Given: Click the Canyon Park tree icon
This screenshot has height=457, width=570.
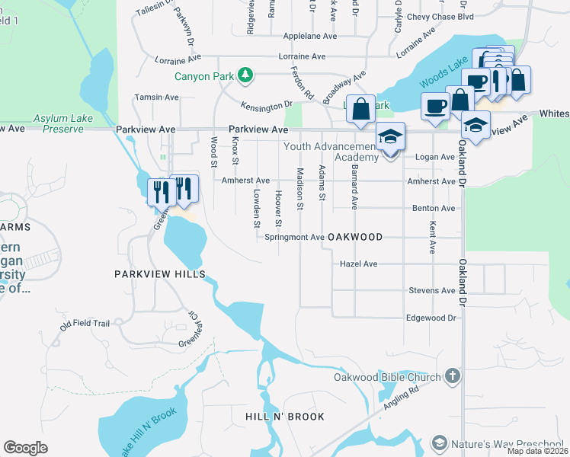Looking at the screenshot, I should (245, 75).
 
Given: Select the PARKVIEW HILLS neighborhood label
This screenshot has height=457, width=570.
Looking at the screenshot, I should (159, 273).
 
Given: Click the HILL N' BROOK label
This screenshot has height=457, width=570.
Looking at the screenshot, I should (285, 417).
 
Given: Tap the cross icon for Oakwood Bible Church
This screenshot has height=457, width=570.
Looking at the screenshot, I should (453, 376).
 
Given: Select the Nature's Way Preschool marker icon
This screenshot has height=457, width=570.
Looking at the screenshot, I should (439, 443).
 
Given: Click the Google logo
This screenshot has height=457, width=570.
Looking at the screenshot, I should (25, 447).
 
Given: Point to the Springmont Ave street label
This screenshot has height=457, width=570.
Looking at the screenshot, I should (294, 237).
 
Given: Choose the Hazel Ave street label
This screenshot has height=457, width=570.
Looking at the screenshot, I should (358, 264).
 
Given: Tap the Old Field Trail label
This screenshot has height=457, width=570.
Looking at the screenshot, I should (85, 324).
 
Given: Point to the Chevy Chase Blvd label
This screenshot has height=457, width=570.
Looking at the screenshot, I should (461, 16).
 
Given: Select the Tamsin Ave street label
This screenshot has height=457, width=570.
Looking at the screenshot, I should (156, 97).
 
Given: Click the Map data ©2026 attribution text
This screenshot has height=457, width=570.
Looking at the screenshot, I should (538, 451).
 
